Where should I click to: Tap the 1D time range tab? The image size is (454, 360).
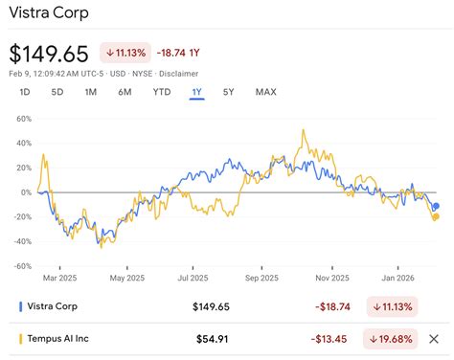pos(26,92)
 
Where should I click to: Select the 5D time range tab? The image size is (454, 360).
pos(57,92)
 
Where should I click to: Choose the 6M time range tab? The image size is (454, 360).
pos(125,92)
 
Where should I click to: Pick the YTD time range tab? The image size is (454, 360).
pos(162,92)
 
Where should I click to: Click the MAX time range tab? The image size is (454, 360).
pos(265,92)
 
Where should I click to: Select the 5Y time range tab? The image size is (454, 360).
pos(228,92)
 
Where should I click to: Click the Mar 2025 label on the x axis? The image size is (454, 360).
pos(59,279)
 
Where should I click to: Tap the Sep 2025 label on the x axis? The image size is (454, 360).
pos(261,279)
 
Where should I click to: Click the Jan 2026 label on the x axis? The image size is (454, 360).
pos(395,279)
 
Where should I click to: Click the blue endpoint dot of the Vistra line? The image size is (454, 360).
pos(436,206)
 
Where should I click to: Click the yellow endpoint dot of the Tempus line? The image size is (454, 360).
pos(436,216)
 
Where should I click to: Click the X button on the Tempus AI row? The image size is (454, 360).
pos(433,338)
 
